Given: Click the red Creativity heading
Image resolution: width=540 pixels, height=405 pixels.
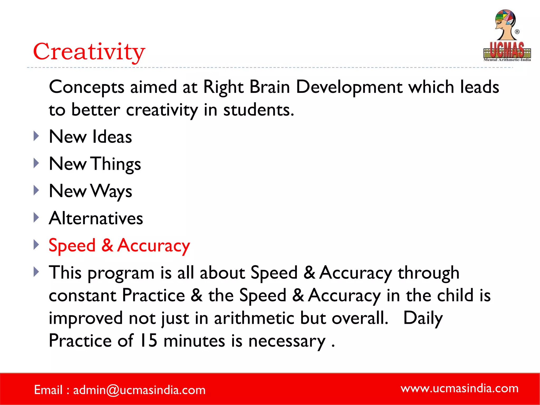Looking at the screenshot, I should (89, 51).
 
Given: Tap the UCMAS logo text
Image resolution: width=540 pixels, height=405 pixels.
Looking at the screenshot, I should (507, 50).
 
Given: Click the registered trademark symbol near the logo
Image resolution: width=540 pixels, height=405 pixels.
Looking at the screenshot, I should (517, 32).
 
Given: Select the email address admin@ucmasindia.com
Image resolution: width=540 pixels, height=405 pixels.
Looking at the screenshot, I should (139, 390).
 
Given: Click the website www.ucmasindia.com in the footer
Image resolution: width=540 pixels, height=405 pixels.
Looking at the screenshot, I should (459, 388).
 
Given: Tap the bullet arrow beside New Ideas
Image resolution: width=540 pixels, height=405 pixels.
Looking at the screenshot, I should (36, 136).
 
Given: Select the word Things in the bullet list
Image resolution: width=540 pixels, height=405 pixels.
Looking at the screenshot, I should (116, 164).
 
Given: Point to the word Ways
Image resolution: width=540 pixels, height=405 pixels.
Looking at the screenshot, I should (111, 191).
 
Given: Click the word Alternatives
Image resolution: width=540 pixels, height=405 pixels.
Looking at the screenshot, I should (96, 218).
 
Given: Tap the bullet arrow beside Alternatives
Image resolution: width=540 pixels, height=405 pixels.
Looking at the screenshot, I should (36, 218).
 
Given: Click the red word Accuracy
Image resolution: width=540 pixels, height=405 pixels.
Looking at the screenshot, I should (153, 246).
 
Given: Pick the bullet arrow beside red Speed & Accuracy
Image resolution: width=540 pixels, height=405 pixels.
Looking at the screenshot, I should (36, 245).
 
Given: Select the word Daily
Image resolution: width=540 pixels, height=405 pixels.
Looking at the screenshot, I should (423, 318).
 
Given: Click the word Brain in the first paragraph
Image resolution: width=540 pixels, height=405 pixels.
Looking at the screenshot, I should (269, 87).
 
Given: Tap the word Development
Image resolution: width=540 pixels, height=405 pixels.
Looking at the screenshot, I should (349, 87).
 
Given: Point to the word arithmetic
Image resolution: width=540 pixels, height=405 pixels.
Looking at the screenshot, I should (254, 318).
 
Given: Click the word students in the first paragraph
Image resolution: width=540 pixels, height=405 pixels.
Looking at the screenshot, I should (258, 110).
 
